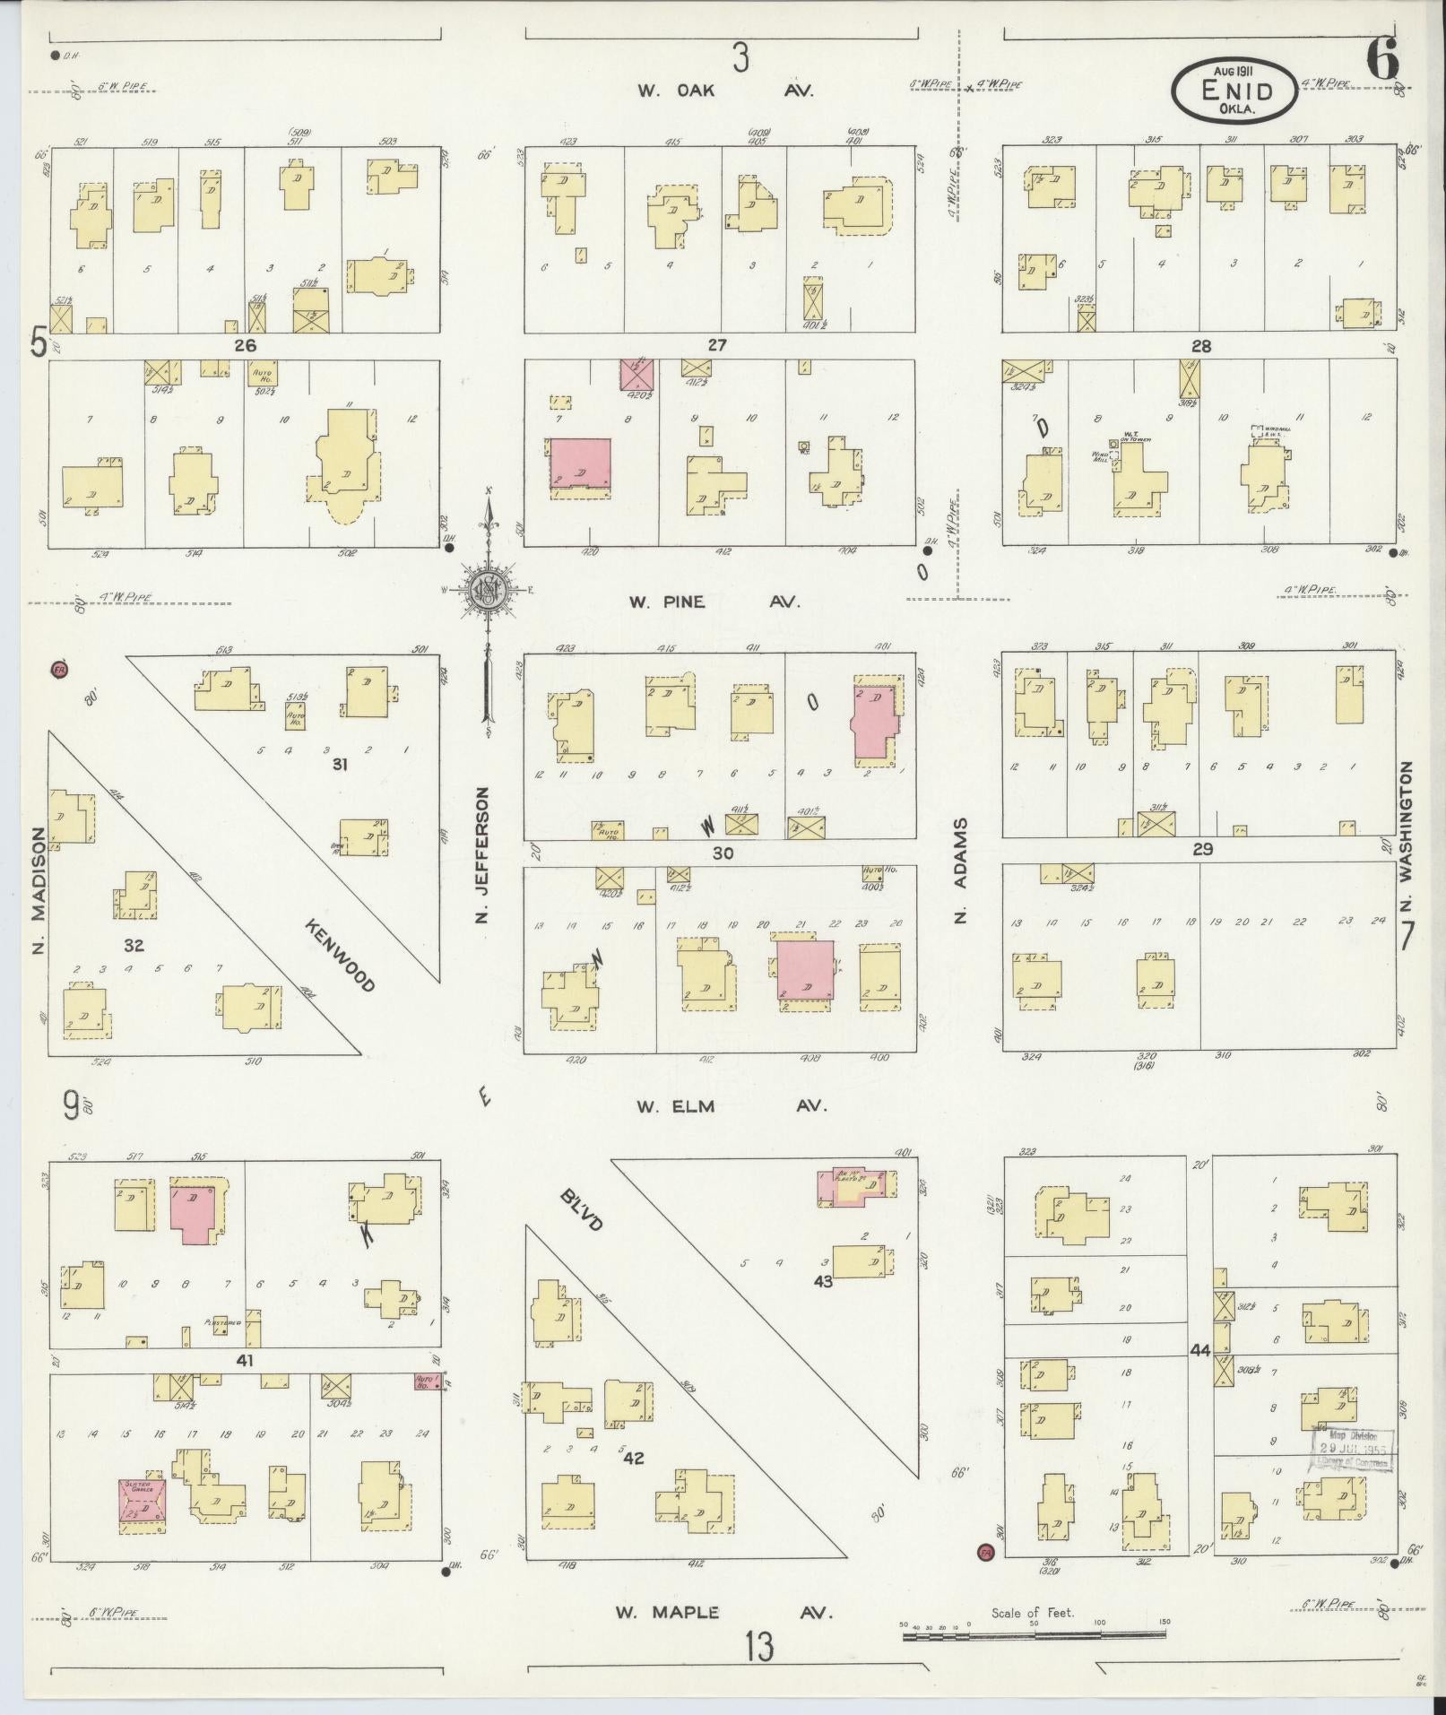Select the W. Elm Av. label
click(731, 1106)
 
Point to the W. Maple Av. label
click(723, 1612)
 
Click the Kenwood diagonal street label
click(338, 955)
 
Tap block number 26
click(245, 345)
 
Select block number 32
click(133, 945)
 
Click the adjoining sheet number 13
click(758, 1646)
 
